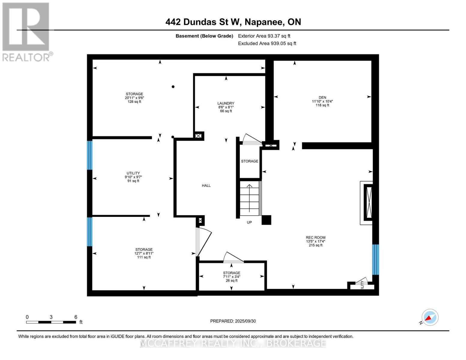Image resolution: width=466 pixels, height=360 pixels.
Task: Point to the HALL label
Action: [206, 186]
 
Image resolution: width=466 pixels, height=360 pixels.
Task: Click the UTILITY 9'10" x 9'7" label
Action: [133, 177]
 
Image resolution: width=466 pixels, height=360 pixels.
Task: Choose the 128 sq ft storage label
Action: [134, 98]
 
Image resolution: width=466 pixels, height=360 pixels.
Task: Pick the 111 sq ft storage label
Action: [144, 253]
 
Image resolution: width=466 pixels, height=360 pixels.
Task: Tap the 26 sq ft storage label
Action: [231, 277]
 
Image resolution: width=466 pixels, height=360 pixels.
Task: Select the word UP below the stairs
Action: [249, 223]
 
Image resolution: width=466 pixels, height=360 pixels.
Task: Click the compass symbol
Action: [430, 317]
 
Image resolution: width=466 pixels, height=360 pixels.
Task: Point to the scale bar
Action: [51, 322]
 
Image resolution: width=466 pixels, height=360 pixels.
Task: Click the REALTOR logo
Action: [26, 31]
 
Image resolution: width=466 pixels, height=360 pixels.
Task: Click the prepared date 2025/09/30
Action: [233, 321]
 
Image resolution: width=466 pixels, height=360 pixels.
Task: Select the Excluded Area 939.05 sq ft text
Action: [267, 43]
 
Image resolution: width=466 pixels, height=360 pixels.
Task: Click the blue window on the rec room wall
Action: [375, 259]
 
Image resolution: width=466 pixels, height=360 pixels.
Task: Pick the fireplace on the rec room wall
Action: [368, 203]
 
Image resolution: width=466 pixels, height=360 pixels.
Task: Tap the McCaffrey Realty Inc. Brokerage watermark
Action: [233, 343]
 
